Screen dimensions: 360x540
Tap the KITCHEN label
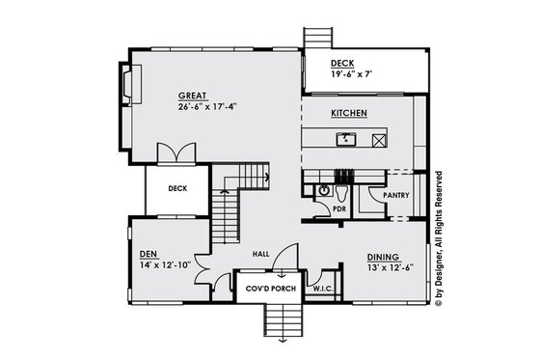348,113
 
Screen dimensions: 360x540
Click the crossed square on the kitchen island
379,140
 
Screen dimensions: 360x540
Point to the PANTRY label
396,194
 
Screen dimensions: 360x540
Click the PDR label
339,208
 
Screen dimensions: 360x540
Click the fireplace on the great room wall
128,83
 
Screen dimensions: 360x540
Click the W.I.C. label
322,288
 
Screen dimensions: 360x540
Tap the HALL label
260,254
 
